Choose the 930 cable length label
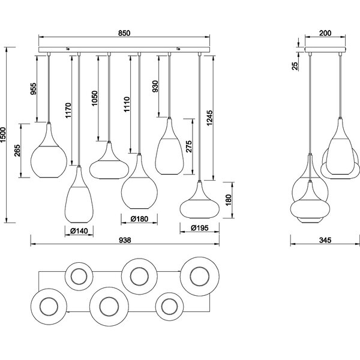(x=156, y=88)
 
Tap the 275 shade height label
(x=189, y=148)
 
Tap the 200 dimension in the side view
(x=325, y=34)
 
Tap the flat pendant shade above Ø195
(x=200, y=202)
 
